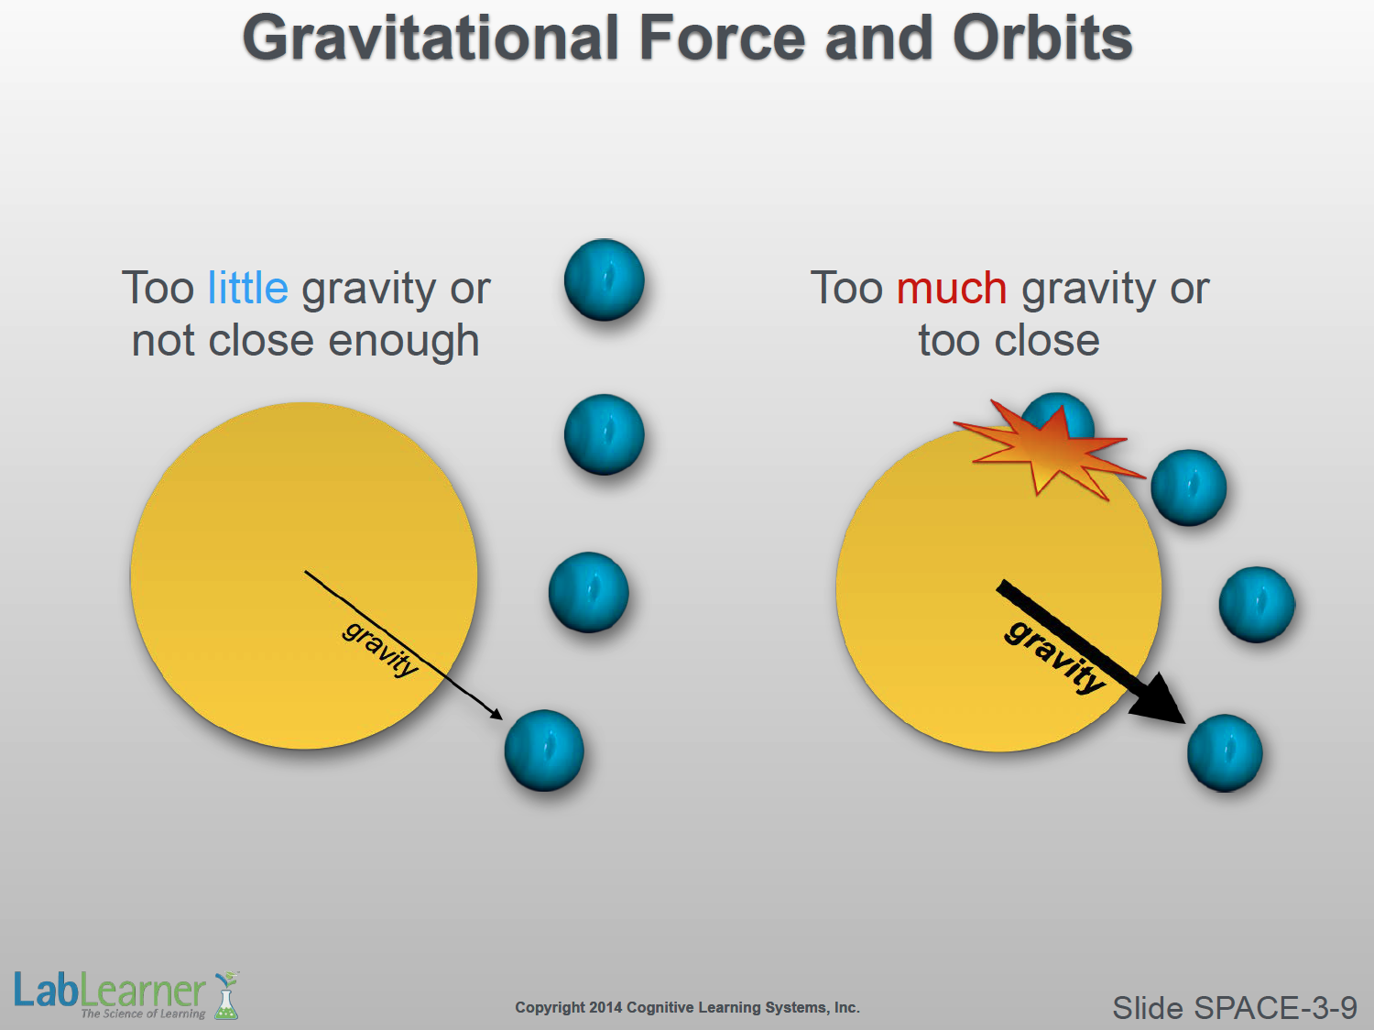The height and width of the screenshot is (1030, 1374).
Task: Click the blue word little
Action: click(x=248, y=288)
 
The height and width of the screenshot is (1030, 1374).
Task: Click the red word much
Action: click(x=952, y=288)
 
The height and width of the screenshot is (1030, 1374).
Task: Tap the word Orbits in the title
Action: click(x=1042, y=38)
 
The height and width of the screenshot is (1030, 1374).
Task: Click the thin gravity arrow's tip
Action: click(x=502, y=718)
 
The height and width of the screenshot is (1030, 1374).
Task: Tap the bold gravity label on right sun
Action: click(x=1054, y=657)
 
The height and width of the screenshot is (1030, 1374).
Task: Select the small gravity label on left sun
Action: click(x=380, y=650)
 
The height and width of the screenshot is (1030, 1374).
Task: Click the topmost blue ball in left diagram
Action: click(x=604, y=279)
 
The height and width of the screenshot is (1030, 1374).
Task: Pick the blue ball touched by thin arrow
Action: click(x=544, y=751)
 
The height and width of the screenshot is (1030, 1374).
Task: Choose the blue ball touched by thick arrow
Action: click(x=1225, y=753)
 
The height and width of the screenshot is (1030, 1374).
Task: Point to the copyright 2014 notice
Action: click(x=687, y=1007)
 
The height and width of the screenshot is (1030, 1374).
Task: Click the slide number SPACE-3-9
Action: click(x=1234, y=1008)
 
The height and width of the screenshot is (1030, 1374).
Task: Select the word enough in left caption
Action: click(x=404, y=342)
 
